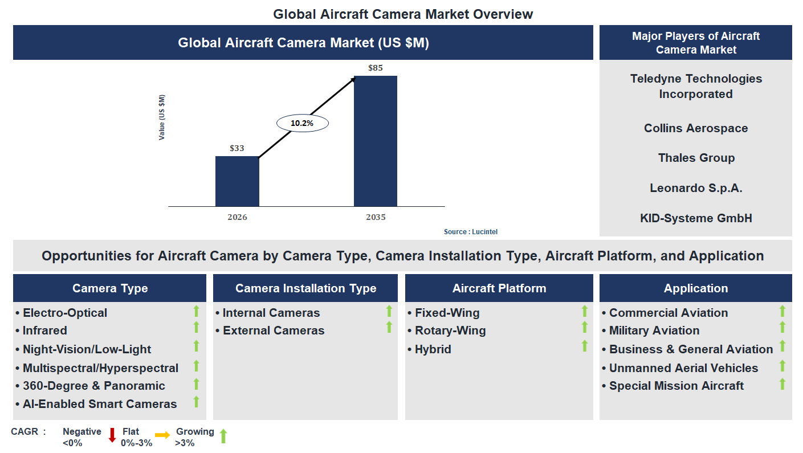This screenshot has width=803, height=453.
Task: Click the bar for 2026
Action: point(237,181)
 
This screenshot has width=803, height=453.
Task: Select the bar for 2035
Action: point(376,141)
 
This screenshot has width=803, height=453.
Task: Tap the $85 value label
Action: point(376,68)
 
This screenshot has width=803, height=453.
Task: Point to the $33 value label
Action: point(237,148)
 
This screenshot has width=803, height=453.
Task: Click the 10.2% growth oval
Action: point(303,123)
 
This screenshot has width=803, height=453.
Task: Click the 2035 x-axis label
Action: point(376,217)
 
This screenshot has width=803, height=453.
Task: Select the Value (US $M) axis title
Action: point(162,117)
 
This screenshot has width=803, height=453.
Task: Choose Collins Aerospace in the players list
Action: point(696,128)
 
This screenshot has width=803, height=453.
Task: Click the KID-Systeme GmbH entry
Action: point(696,218)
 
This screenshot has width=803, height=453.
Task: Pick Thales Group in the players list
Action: point(696,158)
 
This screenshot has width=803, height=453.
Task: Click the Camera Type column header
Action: point(110,288)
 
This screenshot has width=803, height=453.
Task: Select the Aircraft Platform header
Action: point(499,288)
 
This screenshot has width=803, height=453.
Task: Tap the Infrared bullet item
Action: point(44,330)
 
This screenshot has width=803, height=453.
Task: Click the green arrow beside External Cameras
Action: point(389,327)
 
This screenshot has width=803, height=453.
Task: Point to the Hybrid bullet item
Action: point(433,349)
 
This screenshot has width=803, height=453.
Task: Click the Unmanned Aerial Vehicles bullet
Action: point(683,368)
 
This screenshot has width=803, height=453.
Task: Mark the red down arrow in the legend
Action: point(112,435)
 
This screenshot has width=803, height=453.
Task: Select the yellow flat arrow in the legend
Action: point(162,435)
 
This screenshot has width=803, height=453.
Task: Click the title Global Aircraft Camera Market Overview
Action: point(403,14)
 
